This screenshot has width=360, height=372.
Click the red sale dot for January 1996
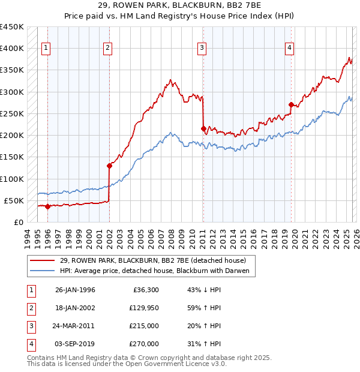coord(47,206)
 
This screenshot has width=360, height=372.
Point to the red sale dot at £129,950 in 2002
coord(109,166)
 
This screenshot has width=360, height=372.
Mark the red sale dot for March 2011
coord(203,128)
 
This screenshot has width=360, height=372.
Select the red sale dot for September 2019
coord(291,104)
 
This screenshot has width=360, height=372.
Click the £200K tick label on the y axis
coord(12,136)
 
